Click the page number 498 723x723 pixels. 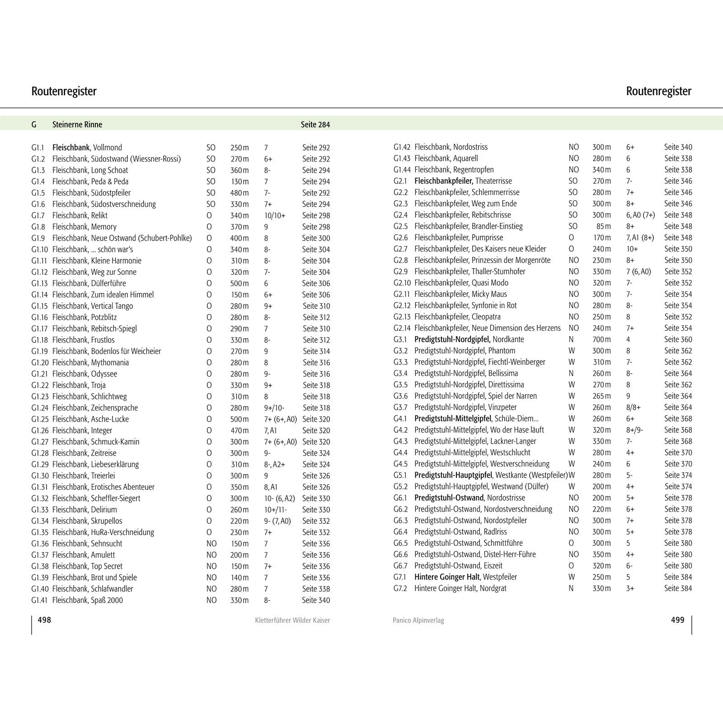pyautogui.click(x=44, y=620)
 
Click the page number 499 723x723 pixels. pyautogui.click(x=677, y=620)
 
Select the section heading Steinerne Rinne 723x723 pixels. pyautogui.click(x=77, y=124)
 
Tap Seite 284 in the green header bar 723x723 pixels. pyautogui.click(x=315, y=124)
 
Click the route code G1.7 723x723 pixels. pyautogui.click(x=38, y=216)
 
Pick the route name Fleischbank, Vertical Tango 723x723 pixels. pyautogui.click(x=93, y=306)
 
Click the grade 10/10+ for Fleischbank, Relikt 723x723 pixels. pyautogui.click(x=275, y=216)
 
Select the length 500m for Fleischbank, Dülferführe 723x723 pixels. pyautogui.click(x=239, y=283)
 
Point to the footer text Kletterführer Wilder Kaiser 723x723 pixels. pyautogui.click(x=292, y=620)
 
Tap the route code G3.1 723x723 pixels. pyautogui.click(x=400, y=339)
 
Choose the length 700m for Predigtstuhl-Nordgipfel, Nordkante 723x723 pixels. pyautogui.click(x=601, y=339)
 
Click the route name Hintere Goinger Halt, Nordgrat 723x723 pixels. pyautogui.click(x=460, y=588)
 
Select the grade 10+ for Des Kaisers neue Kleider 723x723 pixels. pyautogui.click(x=632, y=249)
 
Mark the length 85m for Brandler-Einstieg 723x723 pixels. pyautogui.click(x=604, y=226)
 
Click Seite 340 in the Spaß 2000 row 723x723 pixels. pyautogui.click(x=316, y=600)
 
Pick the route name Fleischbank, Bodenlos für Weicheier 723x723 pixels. pyautogui.click(x=107, y=351)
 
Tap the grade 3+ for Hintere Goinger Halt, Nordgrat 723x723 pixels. pyautogui.click(x=630, y=588)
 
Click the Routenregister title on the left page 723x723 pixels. pyautogui.click(x=64, y=91)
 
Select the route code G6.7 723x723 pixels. pyautogui.click(x=400, y=566)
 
